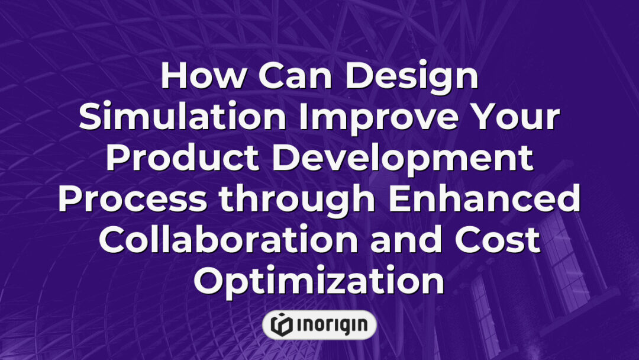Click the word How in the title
coord(199,77)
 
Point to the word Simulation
coord(183,118)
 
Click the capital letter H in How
coord(173,77)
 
